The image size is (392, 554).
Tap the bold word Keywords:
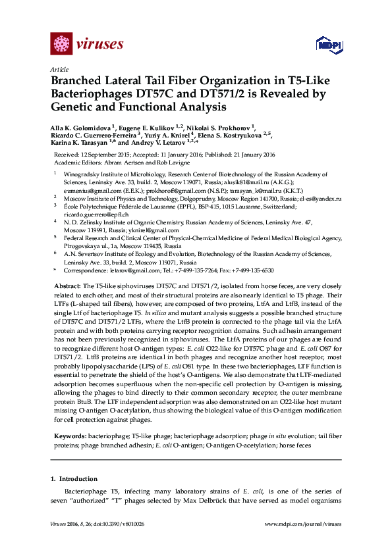(x=69, y=437)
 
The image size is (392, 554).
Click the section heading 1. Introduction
(x=74, y=479)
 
